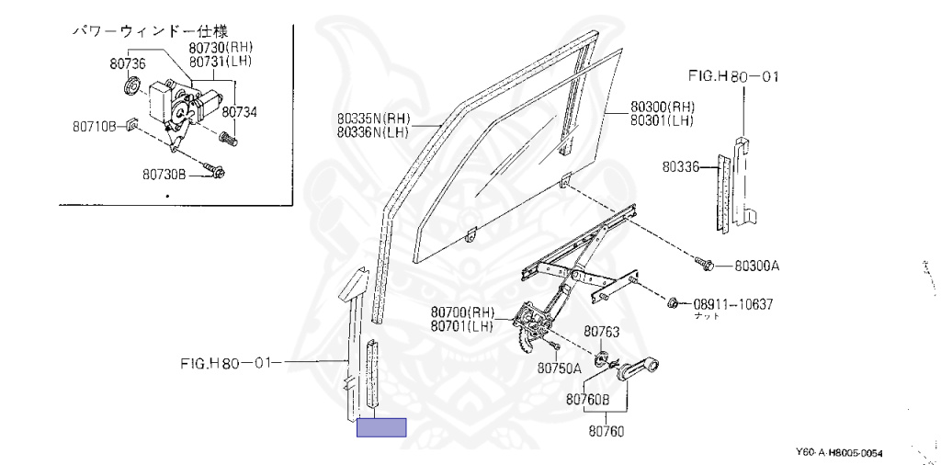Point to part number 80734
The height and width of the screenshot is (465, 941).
(x=240, y=112)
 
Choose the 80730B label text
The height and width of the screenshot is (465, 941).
(x=164, y=173)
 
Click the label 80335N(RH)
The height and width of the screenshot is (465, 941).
(x=372, y=119)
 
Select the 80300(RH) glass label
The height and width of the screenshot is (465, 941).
(x=662, y=107)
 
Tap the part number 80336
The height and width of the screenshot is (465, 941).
(x=680, y=167)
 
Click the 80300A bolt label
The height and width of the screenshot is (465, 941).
(x=756, y=267)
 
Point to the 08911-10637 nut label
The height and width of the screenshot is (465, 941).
(x=734, y=302)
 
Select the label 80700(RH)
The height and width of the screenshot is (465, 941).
(x=462, y=312)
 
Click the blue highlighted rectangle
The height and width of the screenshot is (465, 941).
(x=381, y=426)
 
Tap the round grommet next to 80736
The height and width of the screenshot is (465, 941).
(x=131, y=88)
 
